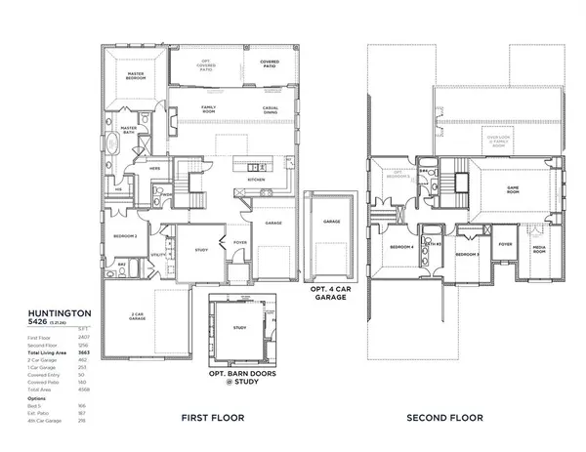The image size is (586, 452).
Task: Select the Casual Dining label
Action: pyautogui.click(x=272, y=109)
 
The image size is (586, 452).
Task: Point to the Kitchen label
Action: pyautogui.click(x=256, y=180)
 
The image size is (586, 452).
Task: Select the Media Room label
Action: pyautogui.click(x=538, y=249)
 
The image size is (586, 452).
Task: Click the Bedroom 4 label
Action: pyautogui.click(x=401, y=247)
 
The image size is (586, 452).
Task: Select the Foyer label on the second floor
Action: pyautogui.click(x=505, y=245)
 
